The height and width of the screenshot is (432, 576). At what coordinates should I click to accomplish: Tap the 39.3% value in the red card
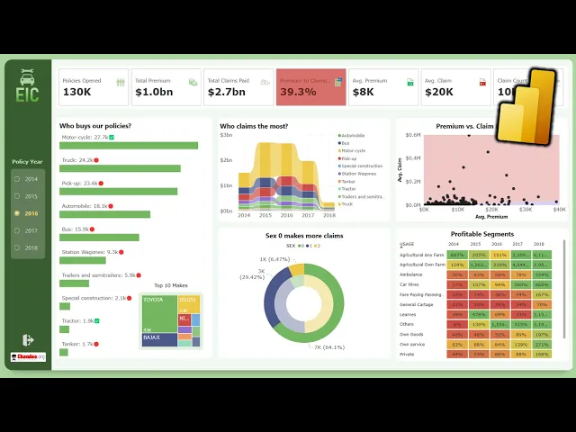point(298,92)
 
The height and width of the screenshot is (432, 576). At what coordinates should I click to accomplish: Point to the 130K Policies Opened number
point(77,92)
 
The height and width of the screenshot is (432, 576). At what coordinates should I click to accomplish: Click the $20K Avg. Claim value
point(439,92)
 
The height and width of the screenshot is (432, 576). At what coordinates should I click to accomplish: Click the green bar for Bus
point(99,238)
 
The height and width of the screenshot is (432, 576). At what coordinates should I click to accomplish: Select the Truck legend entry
point(346,204)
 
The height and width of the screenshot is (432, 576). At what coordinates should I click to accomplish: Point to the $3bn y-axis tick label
point(227,135)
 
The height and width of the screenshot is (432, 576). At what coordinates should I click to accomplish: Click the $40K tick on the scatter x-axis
point(559,210)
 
